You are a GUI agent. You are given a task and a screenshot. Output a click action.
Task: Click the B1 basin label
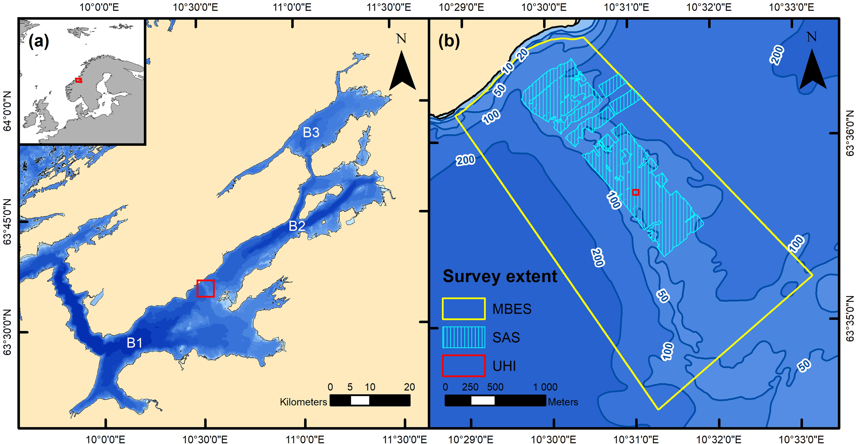coord(135,343)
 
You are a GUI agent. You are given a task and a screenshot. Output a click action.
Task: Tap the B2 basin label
coord(297,226)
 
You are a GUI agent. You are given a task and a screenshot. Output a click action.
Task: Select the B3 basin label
coord(311,132)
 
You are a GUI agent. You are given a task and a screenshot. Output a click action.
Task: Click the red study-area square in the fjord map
coord(205,288)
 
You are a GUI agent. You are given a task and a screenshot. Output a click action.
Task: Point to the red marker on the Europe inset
coord(79,80)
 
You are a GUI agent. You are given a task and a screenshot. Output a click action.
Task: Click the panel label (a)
coord(39,42)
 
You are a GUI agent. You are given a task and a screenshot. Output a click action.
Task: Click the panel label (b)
coord(449,41)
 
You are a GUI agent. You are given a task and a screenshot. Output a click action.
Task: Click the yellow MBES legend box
coord(464,309)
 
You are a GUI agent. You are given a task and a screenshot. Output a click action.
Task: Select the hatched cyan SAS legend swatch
coord(464,338)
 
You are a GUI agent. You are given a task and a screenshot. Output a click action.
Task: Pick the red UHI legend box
coord(464,366)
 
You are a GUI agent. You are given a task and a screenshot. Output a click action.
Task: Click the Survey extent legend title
coord(500,276)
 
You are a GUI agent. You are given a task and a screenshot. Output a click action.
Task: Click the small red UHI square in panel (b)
coord(635,192)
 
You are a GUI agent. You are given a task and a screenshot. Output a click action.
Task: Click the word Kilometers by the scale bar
coord(303,402)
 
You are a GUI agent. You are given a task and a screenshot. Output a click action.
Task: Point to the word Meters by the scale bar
coord(563,402)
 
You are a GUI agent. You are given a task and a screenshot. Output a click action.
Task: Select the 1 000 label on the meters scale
coord(545,387)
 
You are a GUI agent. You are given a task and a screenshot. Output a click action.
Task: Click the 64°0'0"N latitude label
coord(8,111)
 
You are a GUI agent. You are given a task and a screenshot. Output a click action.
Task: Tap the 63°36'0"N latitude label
coord(849,133)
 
